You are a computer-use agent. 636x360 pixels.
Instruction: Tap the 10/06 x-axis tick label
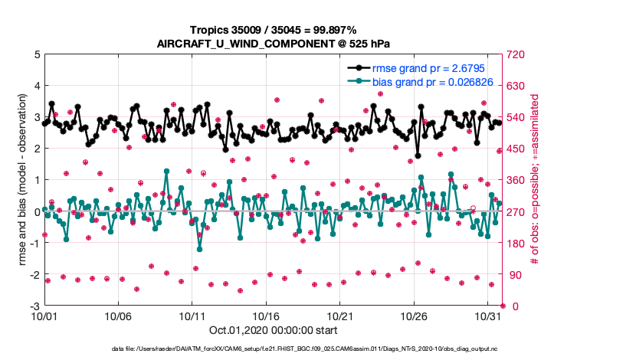click(x=118, y=316)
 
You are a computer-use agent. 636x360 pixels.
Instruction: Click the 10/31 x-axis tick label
click(x=488, y=316)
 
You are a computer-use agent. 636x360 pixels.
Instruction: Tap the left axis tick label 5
click(x=37, y=54)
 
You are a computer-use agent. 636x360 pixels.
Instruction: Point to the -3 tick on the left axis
click(x=34, y=306)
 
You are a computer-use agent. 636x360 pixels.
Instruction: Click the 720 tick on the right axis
click(x=513, y=54)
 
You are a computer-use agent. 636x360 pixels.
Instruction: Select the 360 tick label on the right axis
click(x=513, y=180)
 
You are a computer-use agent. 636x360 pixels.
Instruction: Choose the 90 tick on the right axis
click(x=511, y=274)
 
